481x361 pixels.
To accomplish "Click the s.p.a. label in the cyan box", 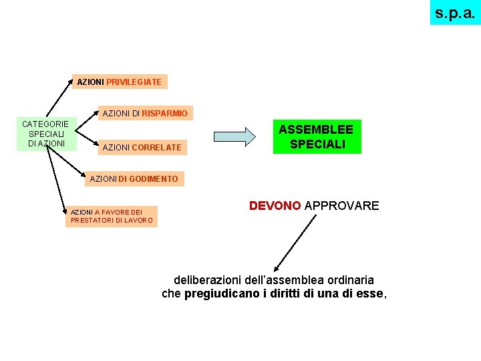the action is click(455, 12).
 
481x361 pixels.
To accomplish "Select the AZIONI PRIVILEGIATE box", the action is click(120, 82).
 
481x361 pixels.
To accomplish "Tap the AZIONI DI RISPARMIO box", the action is click(145, 113).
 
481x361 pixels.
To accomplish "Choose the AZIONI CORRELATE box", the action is click(142, 147).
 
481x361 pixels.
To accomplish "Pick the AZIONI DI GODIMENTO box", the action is click(134, 178).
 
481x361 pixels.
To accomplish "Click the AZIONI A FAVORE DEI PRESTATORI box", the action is click(112, 216).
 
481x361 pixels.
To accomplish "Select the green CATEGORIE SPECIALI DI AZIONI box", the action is click(45, 134).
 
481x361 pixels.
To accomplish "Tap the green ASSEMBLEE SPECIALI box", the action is click(317, 136).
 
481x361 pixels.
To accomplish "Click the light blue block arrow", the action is click(234, 136).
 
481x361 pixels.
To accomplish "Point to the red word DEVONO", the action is click(275, 206).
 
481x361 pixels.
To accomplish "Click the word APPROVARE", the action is click(341, 206).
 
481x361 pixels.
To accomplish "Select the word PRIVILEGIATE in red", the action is click(134, 82).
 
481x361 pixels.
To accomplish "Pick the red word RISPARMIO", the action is click(164, 113).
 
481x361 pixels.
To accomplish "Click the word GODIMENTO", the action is click(154, 178).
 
